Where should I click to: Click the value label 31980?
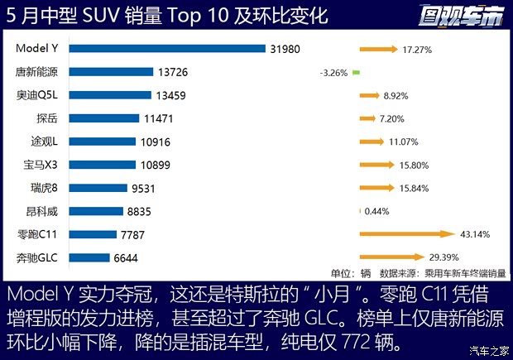[x=285, y=49]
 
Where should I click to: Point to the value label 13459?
[x=173, y=95]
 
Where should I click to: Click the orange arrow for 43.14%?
[x=407, y=234]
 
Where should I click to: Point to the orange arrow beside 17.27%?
[x=378, y=50]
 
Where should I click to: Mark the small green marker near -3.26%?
[x=356, y=73]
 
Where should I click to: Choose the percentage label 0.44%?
[x=376, y=211]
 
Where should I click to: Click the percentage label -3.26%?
[x=333, y=73]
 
